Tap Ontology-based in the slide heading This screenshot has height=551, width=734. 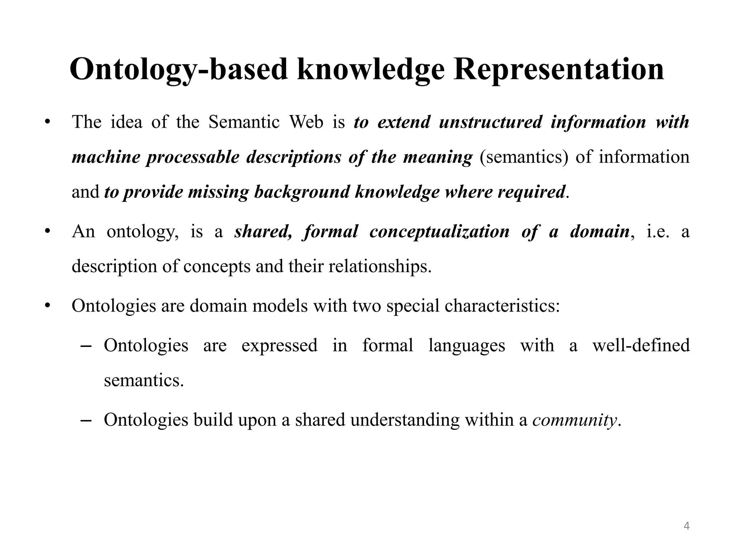(178, 69)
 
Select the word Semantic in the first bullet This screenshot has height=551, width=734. (244, 122)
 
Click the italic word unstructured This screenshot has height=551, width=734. (490, 122)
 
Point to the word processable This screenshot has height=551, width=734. (192, 157)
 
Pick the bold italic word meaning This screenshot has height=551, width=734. (438, 157)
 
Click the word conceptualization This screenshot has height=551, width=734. (439, 231)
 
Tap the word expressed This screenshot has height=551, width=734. (280, 345)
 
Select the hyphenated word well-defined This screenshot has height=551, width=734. (641, 345)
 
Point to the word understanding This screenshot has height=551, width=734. (405, 420)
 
